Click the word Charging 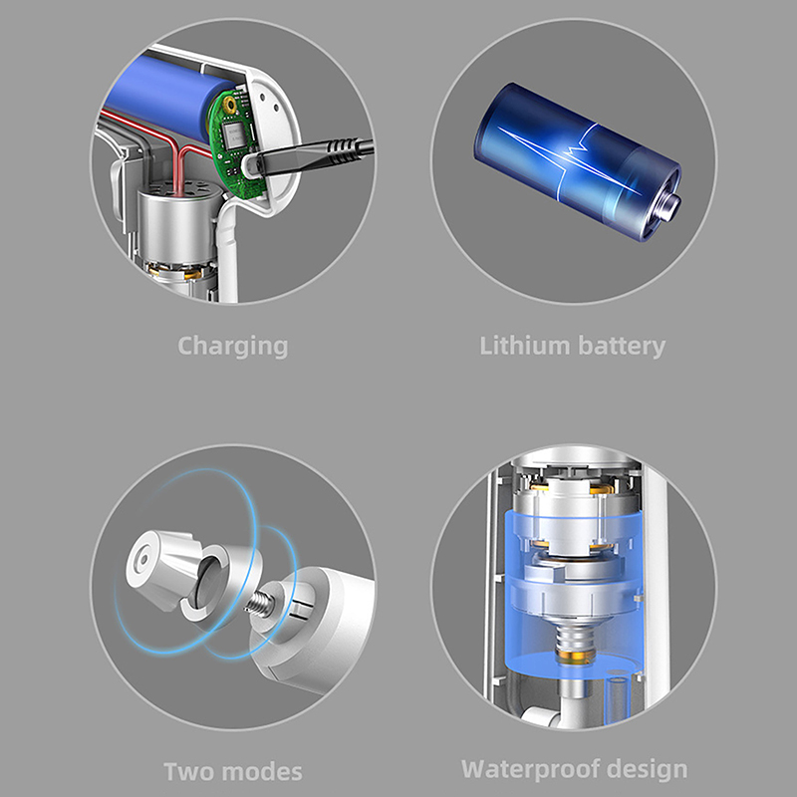click(x=233, y=347)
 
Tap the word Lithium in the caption click(x=525, y=346)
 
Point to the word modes click(x=258, y=771)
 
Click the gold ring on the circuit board click(x=230, y=106)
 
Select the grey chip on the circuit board click(x=234, y=135)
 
